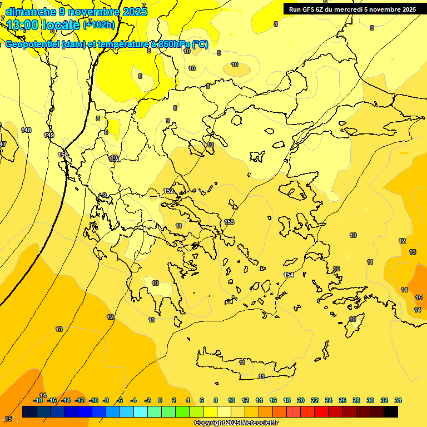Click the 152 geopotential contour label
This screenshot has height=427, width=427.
pos(169,191)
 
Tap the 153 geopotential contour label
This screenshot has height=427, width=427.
pos(229,222)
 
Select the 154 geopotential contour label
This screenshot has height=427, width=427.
pos(289,275)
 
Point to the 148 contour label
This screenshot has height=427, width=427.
pos(26,130)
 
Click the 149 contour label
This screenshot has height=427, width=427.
pos(49,135)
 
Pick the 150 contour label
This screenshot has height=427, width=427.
pos(63,155)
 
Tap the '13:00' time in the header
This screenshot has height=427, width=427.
pos(22,24)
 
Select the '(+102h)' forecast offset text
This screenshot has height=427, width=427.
pos(99,24)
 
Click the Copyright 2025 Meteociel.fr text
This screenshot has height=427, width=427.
pos(236,423)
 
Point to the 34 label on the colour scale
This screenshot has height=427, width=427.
pos(398,400)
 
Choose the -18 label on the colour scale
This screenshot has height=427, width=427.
pos(38,400)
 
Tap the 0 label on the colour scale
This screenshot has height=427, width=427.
pos(160,400)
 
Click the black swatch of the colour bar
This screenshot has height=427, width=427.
pos(391,412)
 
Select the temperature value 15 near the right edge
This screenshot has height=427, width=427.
pos(419,297)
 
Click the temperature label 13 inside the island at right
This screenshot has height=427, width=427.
pos(413,252)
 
